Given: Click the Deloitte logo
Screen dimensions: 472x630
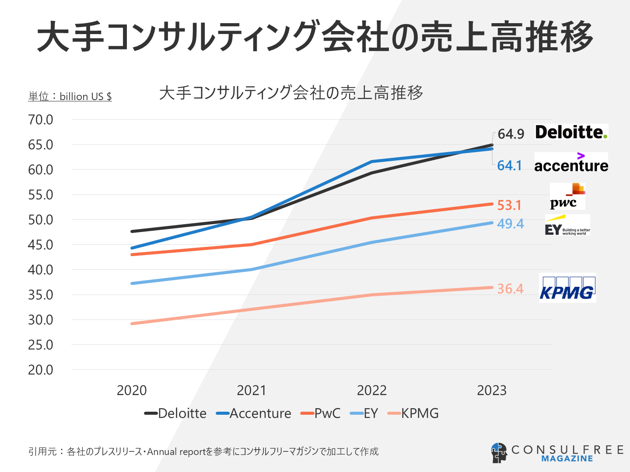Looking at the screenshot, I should [571, 132].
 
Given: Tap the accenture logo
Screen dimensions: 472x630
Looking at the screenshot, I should [571, 163].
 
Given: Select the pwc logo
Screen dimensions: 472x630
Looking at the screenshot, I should [567, 197].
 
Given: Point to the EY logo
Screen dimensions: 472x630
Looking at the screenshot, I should [567, 226].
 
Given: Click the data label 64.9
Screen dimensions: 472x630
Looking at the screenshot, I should [511, 134].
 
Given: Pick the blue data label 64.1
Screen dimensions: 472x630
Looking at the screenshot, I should [510, 166].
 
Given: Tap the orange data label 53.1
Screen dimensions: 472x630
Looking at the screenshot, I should [510, 205].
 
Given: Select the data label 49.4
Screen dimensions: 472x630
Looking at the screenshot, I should [510, 224].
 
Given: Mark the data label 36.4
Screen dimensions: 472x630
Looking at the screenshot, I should [510, 289].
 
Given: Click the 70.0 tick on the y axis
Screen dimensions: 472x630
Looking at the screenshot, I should [41, 120].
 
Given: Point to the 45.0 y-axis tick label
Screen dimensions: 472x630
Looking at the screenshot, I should [41, 245].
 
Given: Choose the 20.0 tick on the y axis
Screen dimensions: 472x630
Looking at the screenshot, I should [41, 370].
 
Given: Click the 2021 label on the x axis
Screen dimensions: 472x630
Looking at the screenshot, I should [252, 390].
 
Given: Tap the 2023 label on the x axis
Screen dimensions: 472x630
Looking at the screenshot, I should [492, 390].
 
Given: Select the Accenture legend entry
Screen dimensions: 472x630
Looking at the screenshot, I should [254, 413].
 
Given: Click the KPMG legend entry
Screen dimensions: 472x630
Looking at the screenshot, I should [413, 413].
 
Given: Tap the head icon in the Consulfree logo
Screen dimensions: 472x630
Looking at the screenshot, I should [499, 453].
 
